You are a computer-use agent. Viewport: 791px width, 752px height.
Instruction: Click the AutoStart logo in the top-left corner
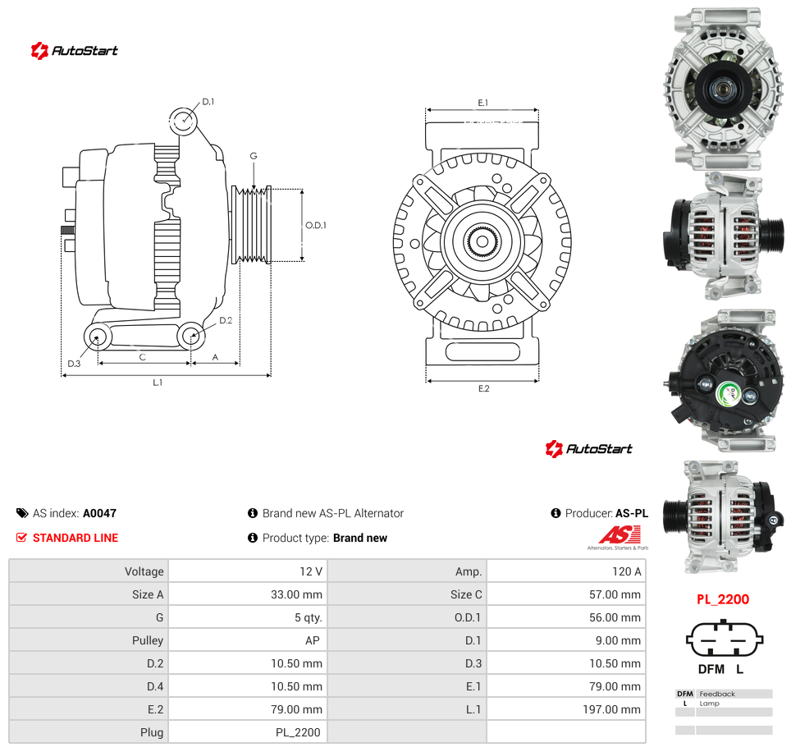tap(74, 50)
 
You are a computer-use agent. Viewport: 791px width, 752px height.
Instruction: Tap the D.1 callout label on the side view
tap(208, 102)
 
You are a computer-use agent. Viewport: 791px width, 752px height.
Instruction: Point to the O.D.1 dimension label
tap(316, 225)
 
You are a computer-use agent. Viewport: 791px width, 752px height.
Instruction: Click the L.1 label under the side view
tap(158, 383)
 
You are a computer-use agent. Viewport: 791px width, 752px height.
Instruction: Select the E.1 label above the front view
tap(483, 103)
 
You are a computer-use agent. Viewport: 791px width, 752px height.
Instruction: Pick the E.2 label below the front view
tap(484, 388)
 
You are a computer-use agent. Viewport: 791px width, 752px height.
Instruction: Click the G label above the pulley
tap(254, 156)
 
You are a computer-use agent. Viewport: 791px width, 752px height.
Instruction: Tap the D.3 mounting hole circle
tap(98, 337)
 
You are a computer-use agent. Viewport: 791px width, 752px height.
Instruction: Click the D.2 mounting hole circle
tap(191, 335)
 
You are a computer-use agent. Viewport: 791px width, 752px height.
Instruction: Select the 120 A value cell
tap(566, 571)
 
